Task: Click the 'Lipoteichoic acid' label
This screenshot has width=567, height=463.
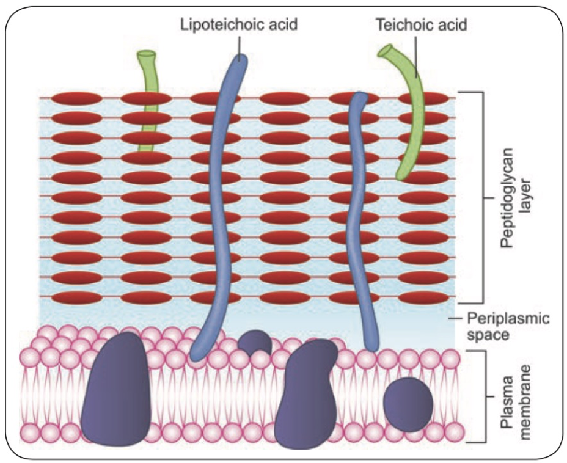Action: coord(239,26)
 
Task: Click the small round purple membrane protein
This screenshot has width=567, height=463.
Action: coord(408,403)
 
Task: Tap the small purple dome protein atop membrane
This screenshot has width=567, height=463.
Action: coord(255,343)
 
